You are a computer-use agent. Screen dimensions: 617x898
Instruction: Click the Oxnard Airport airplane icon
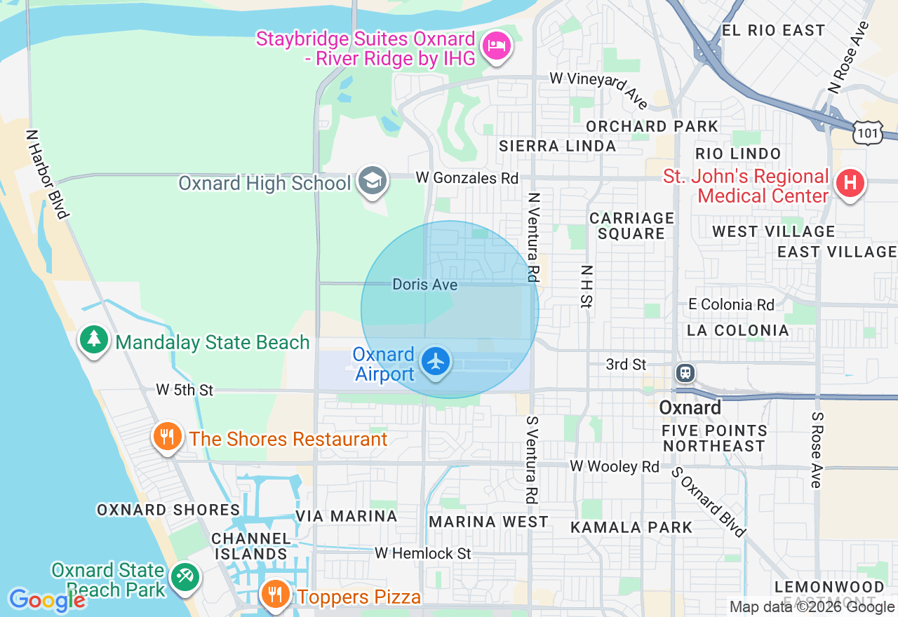tap(436, 362)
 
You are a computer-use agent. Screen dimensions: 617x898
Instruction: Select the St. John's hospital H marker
tap(850, 184)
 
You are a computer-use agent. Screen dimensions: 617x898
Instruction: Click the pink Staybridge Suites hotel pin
tap(497, 47)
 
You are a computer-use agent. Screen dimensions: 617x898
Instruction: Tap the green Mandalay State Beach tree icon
tap(93, 340)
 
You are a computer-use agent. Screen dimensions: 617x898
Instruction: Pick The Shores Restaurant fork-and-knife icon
tap(167, 438)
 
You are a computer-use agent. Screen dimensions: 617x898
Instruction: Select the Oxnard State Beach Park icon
tap(185, 578)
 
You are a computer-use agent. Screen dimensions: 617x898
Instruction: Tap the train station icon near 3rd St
tap(685, 372)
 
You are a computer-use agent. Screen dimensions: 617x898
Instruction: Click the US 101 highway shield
tap(867, 132)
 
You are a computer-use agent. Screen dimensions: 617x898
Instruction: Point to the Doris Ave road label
tap(425, 285)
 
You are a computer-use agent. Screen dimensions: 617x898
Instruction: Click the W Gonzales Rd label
tap(467, 178)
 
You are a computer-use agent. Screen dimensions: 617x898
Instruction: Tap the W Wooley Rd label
tap(614, 466)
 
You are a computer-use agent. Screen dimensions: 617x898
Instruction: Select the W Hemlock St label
tap(422, 553)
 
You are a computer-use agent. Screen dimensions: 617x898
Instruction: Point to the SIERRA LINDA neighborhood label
tap(557, 146)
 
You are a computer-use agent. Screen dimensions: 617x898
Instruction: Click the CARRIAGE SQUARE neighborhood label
tap(631, 226)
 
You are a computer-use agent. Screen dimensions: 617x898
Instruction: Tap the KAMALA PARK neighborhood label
tap(631, 527)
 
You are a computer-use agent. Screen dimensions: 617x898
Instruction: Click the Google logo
tap(47, 600)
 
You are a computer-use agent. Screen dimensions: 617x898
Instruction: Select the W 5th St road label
tap(184, 390)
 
